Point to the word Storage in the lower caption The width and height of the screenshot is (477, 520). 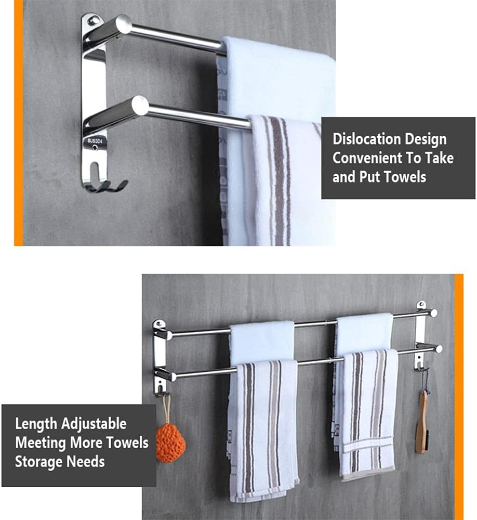(x=38, y=461)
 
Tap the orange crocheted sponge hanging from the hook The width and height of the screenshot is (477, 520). (x=170, y=442)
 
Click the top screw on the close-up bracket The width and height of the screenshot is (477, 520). (x=93, y=21)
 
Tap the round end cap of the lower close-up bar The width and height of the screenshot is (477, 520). (x=140, y=106)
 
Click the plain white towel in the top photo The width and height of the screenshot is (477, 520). (x=275, y=73)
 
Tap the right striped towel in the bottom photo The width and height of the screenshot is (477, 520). (x=366, y=411)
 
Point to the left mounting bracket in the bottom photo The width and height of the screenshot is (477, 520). (x=159, y=354)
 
